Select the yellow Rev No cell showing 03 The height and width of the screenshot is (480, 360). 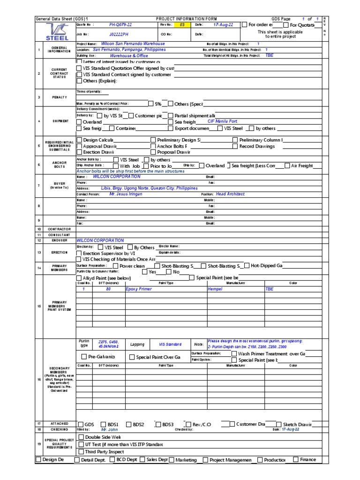tap(182, 24)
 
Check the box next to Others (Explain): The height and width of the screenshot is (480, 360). tap(79, 81)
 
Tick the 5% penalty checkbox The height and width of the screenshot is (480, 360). tap(151, 104)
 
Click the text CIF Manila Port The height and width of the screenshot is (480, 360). tap(223, 121)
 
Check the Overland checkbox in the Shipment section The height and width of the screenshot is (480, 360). tap(79, 122)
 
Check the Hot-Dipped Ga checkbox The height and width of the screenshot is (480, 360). tap(247, 266)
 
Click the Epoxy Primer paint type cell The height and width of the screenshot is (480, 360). tap(139, 289)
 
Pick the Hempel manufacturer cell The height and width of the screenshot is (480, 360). tap(215, 289)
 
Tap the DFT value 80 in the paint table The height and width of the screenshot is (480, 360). tap(108, 289)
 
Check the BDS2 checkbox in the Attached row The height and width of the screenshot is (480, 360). tap(128, 424)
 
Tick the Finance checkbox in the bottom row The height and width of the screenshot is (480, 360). tap(296, 460)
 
